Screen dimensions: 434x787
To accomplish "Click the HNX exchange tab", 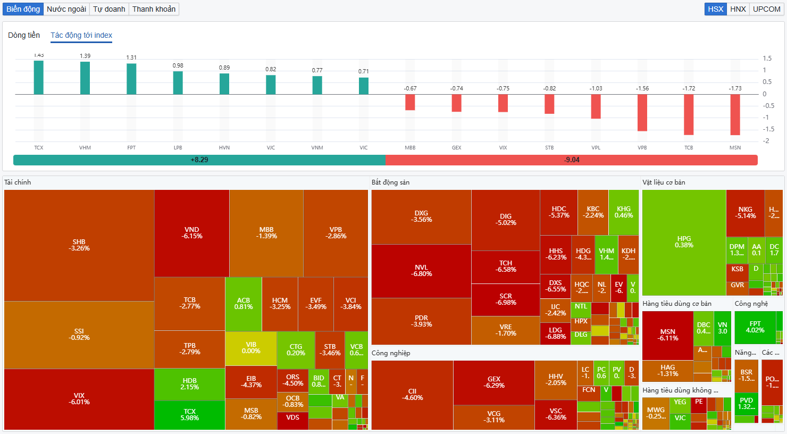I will point(738,9).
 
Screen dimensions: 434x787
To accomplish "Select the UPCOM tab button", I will point(766,9).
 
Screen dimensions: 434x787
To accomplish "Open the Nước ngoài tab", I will point(66,9).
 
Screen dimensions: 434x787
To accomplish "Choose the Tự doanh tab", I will point(109,9).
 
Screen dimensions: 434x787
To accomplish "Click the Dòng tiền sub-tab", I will point(24,35).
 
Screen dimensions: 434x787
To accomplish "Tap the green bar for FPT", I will point(131,79).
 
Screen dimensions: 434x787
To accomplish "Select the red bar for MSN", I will point(735,114).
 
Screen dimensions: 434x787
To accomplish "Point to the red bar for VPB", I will point(642,112).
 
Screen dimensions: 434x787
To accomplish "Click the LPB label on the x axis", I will point(178,148).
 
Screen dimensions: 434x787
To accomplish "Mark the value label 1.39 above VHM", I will point(85,56).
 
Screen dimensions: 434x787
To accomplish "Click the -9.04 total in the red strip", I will point(572,160).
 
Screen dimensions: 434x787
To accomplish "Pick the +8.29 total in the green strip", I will point(199,160).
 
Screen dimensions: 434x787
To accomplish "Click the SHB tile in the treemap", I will point(79,245).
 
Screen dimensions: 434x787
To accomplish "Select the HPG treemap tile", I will point(684,242).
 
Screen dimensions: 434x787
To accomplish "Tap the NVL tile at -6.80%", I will point(421,271).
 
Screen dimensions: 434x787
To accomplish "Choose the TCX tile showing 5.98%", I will point(189,415).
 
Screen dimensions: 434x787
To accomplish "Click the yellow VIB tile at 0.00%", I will point(251,348).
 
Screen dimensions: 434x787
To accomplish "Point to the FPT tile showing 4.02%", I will point(755,327).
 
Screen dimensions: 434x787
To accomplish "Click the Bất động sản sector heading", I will point(390,182).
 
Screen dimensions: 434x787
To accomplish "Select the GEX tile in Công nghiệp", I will point(494,382).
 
